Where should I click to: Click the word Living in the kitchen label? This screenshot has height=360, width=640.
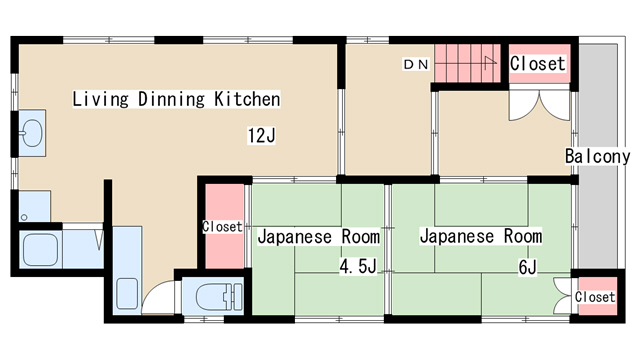coord(100,99)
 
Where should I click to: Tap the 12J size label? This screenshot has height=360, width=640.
coord(261,135)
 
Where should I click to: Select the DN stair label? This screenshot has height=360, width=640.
coord(416,64)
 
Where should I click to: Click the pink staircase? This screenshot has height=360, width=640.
coord(467,63)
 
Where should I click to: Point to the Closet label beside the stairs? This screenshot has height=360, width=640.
coord(538,63)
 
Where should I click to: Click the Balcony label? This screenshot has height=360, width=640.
coord(598,156)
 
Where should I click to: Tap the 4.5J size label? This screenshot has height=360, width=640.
coord(358,266)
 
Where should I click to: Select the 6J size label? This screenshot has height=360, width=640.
coord(527,267)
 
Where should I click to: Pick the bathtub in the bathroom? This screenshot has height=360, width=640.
coord(40,250)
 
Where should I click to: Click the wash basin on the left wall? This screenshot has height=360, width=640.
coord(31,133)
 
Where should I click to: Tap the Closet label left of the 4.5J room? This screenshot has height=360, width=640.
coord(222,227)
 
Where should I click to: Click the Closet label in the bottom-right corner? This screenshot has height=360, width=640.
coord(595,297)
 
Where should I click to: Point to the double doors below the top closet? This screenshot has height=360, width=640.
coord(539,106)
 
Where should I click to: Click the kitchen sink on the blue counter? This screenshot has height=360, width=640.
coord(127,293)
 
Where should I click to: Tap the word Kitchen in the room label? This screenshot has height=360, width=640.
coord(247,99)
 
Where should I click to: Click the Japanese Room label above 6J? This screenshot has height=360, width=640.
coord(481,236)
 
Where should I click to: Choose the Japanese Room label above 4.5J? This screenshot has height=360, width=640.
coord(319,237)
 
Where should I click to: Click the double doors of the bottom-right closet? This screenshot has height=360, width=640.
coord(562,296)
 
